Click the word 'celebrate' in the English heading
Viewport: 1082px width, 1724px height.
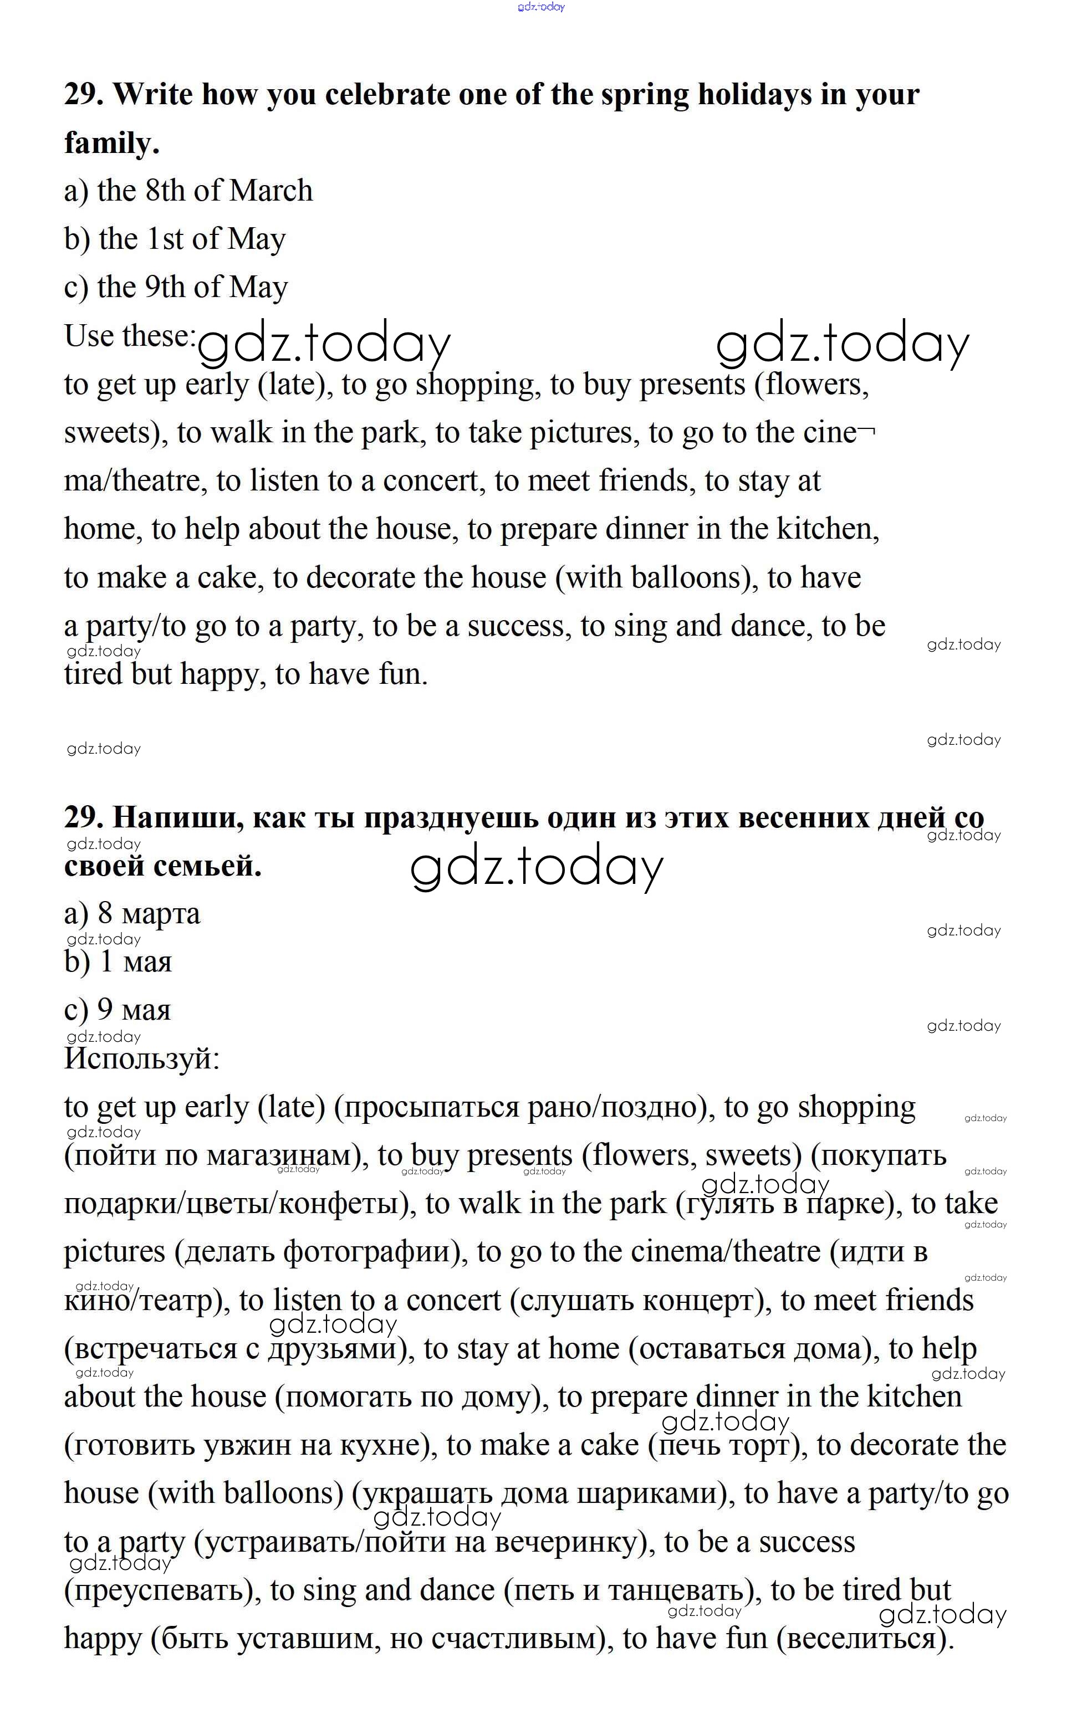point(386,94)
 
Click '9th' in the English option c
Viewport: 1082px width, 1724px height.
point(165,287)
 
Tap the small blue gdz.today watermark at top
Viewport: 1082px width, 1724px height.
point(541,7)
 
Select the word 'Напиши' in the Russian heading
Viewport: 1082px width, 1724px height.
point(172,817)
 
